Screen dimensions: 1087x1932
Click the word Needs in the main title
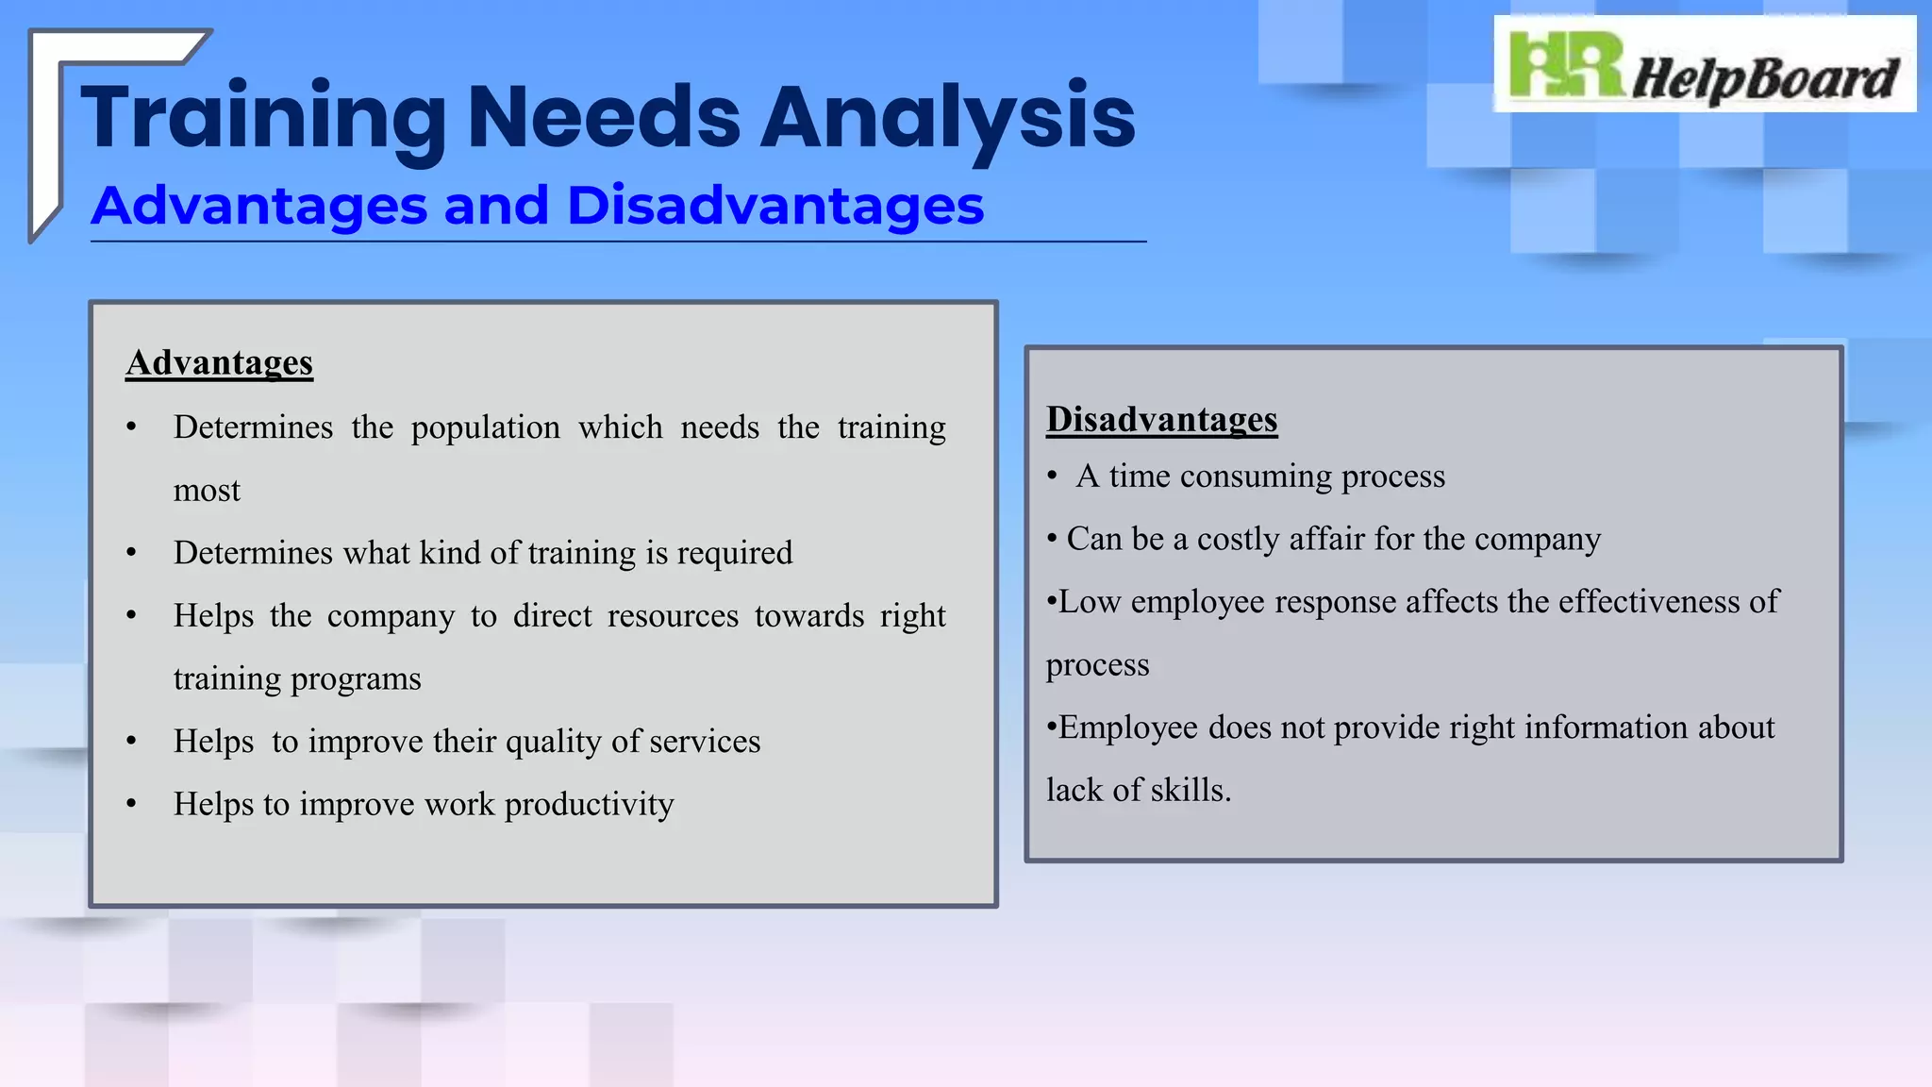point(604,117)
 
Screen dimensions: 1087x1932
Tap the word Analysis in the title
point(947,117)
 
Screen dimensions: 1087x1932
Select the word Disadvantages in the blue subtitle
point(775,206)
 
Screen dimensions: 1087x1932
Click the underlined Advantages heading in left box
point(219,363)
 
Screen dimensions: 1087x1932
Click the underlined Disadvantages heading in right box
point(1161,420)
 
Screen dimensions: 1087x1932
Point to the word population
point(485,428)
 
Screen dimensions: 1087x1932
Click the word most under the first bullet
point(207,491)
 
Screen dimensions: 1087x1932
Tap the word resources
point(673,616)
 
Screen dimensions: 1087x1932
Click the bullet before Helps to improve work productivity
point(131,805)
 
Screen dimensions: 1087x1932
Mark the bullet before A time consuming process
point(1052,477)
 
